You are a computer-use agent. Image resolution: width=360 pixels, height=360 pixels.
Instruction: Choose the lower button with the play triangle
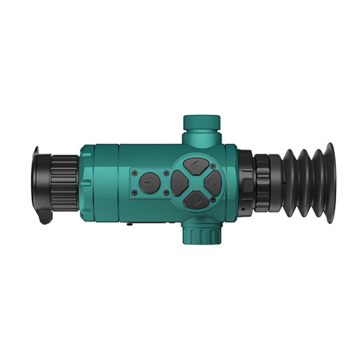point(195,199)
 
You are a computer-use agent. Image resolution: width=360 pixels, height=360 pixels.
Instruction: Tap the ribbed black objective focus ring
point(64,184)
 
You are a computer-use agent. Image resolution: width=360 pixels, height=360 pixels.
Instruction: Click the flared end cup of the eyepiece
point(330,183)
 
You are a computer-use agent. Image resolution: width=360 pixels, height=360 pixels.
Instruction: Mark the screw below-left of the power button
point(135,193)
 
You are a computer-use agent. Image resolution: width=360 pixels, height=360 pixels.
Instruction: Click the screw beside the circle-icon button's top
point(213,166)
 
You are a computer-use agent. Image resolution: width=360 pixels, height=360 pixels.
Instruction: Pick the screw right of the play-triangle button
point(213,199)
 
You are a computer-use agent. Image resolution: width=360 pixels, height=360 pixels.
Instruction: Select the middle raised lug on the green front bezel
point(87,183)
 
